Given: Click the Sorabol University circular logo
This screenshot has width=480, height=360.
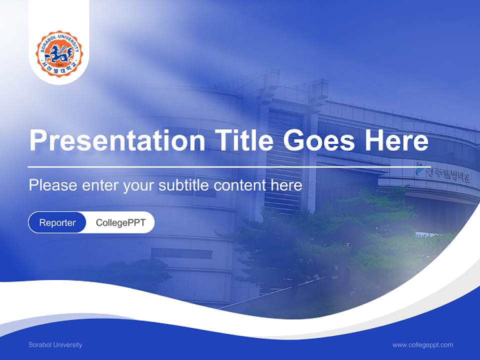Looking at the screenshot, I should point(59,53).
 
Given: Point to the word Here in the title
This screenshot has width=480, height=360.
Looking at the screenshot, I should point(396,140).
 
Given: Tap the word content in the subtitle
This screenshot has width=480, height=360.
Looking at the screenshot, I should point(239,185).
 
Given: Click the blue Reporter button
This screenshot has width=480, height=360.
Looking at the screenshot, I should point(57,222).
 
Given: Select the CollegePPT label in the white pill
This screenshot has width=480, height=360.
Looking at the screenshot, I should point(120,222).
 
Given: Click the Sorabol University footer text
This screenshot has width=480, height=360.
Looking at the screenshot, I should point(55,345).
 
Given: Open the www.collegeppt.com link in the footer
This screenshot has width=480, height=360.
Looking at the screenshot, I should point(422,345).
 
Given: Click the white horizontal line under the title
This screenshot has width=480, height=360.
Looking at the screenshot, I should point(227,167).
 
